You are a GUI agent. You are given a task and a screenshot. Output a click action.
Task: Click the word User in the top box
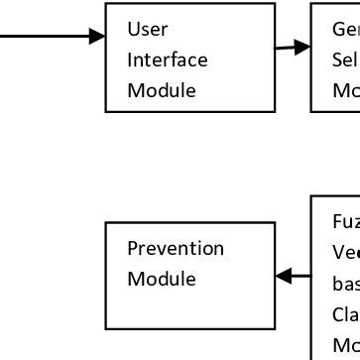tap(145, 29)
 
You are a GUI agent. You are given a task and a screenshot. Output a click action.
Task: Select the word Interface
tap(167, 60)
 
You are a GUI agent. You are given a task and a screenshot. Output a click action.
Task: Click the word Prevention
tap(175, 248)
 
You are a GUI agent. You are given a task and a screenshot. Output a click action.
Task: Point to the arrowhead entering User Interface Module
tap(98, 37)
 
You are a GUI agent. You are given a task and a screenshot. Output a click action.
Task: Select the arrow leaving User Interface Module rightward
tap(292, 47)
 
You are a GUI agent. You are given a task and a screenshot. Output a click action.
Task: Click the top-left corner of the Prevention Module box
tap(106, 223)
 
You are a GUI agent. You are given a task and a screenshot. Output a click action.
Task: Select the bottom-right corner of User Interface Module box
tap(275, 111)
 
